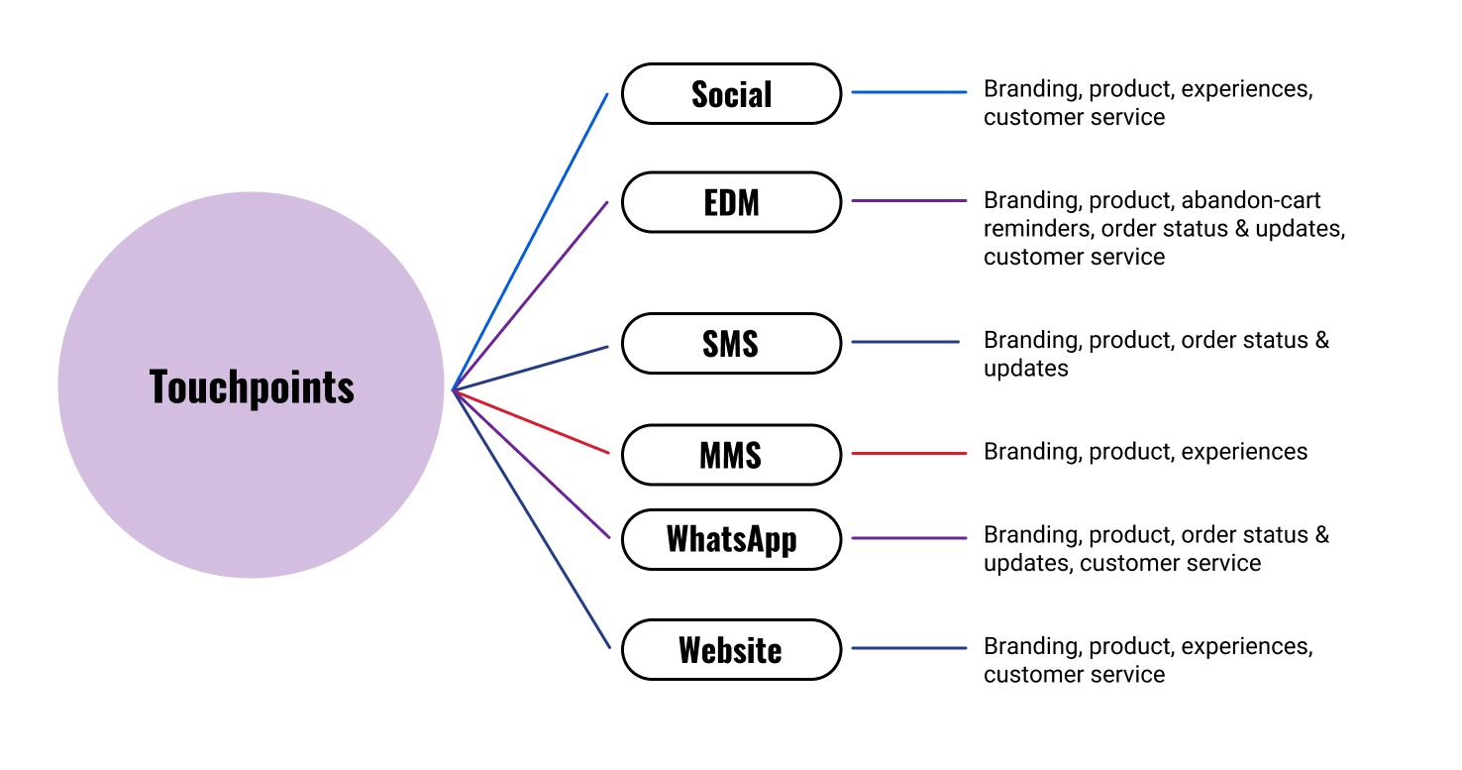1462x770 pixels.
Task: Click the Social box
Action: [x=731, y=94]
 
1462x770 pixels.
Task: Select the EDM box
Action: [x=731, y=202]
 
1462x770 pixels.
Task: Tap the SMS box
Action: [x=731, y=343]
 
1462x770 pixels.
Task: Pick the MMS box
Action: [x=731, y=455]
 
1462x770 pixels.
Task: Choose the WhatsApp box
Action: [x=731, y=539]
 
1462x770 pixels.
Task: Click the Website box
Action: [x=731, y=650]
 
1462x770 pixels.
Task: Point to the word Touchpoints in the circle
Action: [x=252, y=385]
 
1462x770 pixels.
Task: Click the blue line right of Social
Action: [x=908, y=92]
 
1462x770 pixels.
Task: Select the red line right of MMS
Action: [x=908, y=454]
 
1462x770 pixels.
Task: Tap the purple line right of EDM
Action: [x=908, y=200]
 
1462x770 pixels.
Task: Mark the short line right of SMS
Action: [x=905, y=342]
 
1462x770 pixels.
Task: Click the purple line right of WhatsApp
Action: [x=908, y=538]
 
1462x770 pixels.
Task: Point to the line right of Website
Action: [x=908, y=648]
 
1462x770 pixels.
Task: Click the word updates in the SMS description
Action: [x=1025, y=369]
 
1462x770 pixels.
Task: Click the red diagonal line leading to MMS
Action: [x=531, y=422]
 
